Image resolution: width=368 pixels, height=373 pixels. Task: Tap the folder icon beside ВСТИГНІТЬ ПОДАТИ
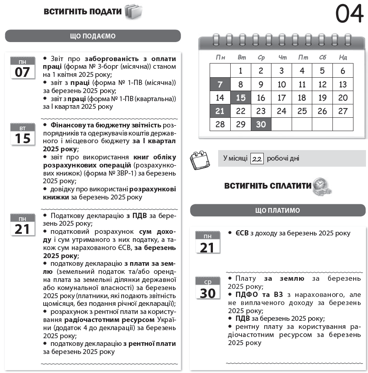(134, 12)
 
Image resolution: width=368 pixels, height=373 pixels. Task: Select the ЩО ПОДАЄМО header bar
(93, 36)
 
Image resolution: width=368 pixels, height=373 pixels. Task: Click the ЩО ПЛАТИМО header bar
(278, 210)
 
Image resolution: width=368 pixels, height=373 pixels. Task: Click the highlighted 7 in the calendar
(220, 85)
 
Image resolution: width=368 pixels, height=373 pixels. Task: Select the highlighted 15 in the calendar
(241, 98)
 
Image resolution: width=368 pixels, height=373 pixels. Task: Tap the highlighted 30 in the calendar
(261, 124)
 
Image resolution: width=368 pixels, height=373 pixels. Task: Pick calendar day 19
(322, 98)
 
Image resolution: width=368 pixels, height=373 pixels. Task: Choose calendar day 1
(241, 71)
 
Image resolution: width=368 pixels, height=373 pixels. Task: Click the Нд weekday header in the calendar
(343, 57)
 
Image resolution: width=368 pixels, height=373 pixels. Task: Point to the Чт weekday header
(282, 57)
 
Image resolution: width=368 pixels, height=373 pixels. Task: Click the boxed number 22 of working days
(257, 159)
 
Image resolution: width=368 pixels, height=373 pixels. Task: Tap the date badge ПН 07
(23, 68)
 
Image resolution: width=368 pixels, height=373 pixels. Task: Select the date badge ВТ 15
(23, 134)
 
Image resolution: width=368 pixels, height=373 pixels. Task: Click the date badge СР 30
(208, 288)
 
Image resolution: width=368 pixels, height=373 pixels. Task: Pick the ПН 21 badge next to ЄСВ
(208, 243)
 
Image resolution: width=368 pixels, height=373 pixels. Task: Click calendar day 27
(343, 111)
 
